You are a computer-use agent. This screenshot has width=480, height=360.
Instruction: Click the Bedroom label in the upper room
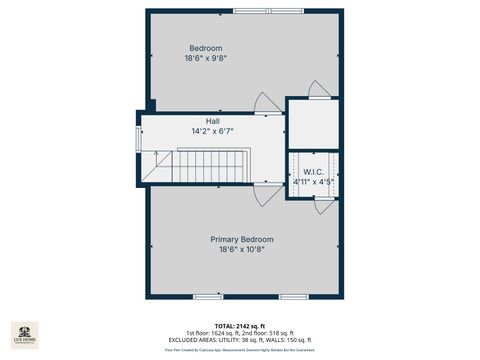tap(206, 48)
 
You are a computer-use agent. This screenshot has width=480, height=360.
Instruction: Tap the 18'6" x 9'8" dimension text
tap(206, 58)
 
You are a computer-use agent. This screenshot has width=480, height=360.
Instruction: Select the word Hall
tap(212, 121)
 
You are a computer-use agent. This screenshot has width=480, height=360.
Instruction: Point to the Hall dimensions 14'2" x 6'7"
tap(212, 131)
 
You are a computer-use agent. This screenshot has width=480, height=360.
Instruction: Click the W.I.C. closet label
tap(313, 172)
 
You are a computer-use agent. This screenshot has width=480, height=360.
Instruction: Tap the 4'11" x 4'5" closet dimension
tap(313, 182)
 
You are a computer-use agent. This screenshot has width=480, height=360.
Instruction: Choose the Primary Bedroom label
tap(241, 239)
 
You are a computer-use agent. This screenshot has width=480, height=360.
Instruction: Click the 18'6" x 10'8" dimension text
tap(241, 249)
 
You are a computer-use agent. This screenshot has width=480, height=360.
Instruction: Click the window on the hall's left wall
tap(138, 136)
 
